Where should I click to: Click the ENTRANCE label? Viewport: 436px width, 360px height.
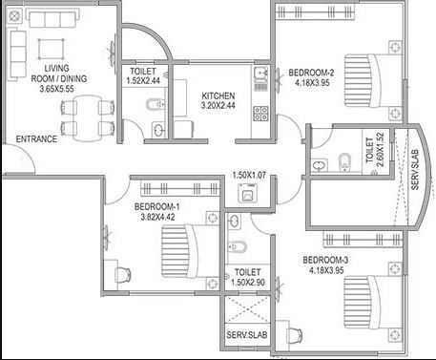click(x=35, y=139)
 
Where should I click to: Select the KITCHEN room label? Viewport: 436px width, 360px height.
click(x=218, y=96)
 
